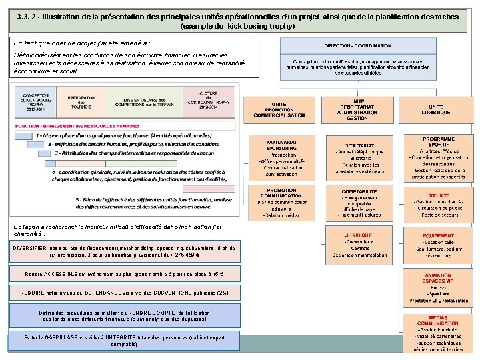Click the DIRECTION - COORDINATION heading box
[x=357, y=45]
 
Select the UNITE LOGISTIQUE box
[x=436, y=111]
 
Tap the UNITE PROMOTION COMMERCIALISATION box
[x=279, y=111]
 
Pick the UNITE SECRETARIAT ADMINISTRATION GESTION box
[x=357, y=111]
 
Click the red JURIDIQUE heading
[x=358, y=235]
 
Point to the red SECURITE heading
[x=439, y=195]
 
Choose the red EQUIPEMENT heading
[x=438, y=235]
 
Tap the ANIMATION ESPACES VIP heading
[x=438, y=276]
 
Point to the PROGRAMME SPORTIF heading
[x=438, y=141]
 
